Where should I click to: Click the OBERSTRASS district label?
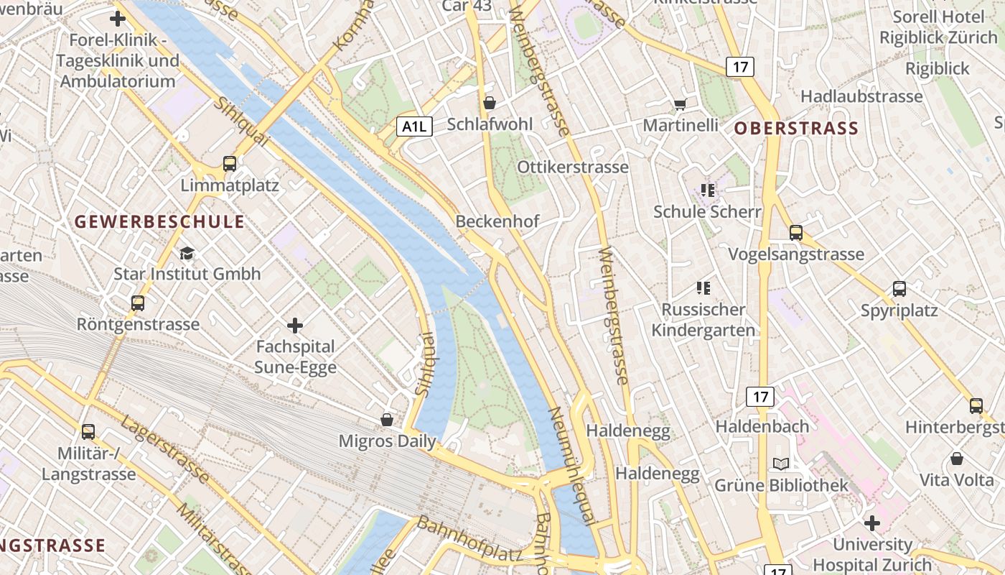point(796,129)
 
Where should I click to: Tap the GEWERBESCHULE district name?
point(159,221)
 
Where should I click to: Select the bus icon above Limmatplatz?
point(230,164)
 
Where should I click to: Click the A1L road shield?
point(414,127)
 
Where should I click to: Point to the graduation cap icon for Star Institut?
point(187,253)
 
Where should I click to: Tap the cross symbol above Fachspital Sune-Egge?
point(295,326)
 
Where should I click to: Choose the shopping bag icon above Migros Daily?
point(387,419)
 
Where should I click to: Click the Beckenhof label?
point(497,221)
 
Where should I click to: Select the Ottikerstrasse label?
point(573,167)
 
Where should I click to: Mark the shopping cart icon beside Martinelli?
point(680,105)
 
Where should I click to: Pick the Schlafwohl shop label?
point(490,124)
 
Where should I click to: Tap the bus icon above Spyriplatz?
point(899,289)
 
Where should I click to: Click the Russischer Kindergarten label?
point(703,320)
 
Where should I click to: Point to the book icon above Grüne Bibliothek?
point(781,464)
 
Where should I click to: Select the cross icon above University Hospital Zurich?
point(872,523)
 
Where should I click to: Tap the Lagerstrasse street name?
point(164,449)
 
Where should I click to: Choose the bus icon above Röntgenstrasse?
point(138,303)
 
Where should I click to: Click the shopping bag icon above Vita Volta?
point(957,459)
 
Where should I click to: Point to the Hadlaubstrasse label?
point(861,96)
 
